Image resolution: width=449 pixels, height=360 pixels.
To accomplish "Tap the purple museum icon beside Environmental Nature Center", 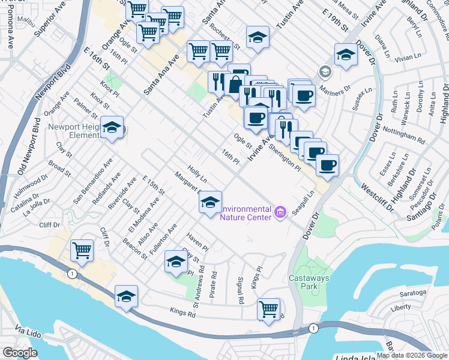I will pos(280,212).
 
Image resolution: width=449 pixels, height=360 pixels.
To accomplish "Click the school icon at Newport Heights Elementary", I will pos(112,127).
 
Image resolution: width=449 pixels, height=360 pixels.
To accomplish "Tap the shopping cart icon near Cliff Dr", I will pos(82,250).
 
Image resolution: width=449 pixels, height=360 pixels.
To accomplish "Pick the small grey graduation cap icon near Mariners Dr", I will pos(325,72).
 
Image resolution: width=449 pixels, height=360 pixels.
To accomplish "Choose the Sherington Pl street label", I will pos(285,157).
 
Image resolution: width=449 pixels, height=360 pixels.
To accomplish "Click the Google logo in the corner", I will pos(20,353).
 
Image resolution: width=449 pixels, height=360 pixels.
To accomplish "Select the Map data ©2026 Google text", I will pos(412,355).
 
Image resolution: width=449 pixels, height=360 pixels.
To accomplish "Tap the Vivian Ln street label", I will pos(409,58).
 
